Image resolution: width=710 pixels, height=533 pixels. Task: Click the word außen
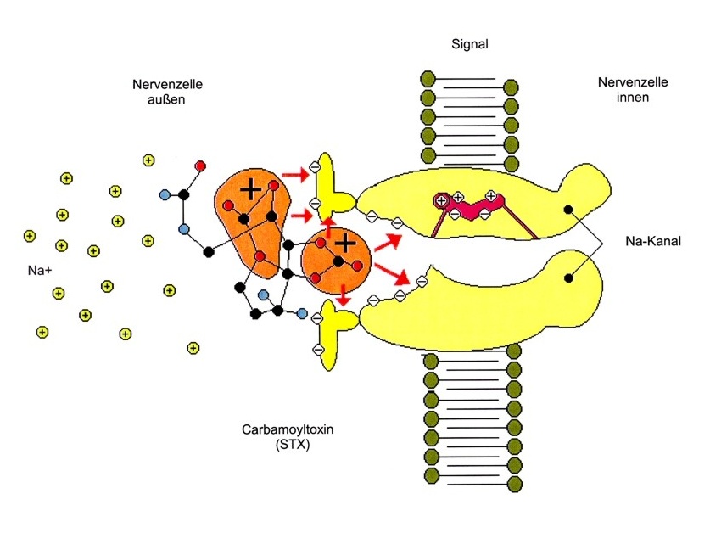point(159,98)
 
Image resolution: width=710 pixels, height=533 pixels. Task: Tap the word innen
point(632,98)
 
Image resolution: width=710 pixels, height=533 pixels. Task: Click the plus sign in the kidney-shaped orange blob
point(249,190)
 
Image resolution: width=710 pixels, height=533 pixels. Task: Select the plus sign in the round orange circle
point(344,244)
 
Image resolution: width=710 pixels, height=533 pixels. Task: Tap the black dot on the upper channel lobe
point(567,209)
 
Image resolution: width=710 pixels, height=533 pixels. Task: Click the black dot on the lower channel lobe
point(567,277)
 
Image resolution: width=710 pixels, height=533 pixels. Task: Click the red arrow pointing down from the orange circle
point(343,297)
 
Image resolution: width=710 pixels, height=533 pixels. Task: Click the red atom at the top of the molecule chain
point(200,165)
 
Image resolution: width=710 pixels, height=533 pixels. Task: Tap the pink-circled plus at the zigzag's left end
point(441,200)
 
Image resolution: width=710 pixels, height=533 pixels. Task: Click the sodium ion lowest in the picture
point(193,347)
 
